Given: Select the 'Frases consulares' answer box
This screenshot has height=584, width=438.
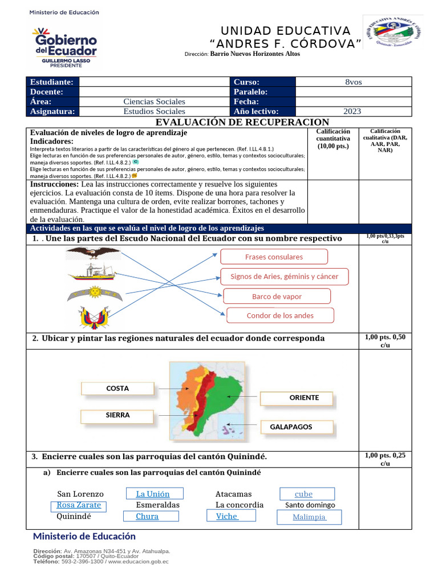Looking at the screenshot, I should (274, 257).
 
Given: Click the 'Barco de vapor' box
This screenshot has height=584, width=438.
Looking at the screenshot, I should (277, 297).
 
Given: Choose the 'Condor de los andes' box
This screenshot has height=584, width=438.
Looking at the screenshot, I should (280, 315).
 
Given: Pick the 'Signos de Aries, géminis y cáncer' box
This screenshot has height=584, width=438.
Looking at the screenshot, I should (284, 277).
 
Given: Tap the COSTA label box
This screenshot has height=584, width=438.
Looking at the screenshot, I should (117, 388).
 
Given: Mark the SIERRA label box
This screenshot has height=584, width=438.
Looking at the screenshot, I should (117, 415).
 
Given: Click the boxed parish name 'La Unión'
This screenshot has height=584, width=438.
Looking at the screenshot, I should (152, 494).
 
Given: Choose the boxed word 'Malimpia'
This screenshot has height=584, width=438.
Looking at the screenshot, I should (309, 517).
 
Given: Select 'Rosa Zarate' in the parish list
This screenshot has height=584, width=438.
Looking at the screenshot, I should (79, 505).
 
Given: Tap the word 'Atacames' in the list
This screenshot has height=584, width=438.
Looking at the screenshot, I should (233, 494).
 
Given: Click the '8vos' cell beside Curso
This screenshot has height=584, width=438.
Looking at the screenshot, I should (354, 82).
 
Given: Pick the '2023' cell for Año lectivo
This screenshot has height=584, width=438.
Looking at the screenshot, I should (354, 112).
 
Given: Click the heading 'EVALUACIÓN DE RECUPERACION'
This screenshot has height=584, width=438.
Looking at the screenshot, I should (242, 122).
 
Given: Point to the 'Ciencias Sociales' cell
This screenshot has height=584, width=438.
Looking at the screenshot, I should (154, 102).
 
